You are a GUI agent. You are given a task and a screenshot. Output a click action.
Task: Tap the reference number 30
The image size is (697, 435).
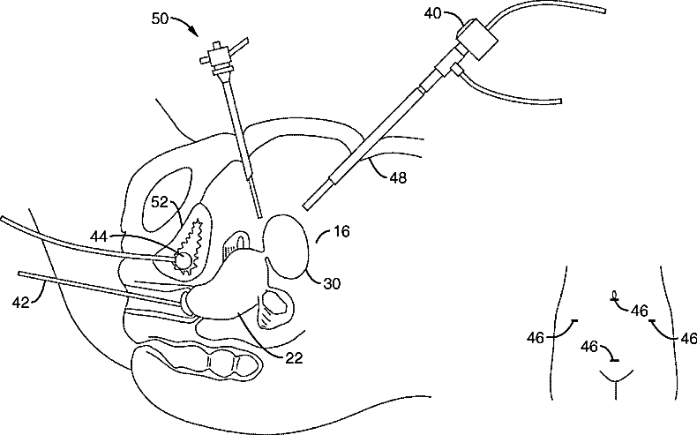tap(331, 283)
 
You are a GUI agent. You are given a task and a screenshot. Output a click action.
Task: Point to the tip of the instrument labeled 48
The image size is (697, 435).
tap(306, 206)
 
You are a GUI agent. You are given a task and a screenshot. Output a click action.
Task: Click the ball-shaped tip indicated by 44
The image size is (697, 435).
tap(182, 260)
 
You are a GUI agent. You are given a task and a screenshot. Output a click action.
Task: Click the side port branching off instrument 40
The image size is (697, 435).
tap(455, 67)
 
